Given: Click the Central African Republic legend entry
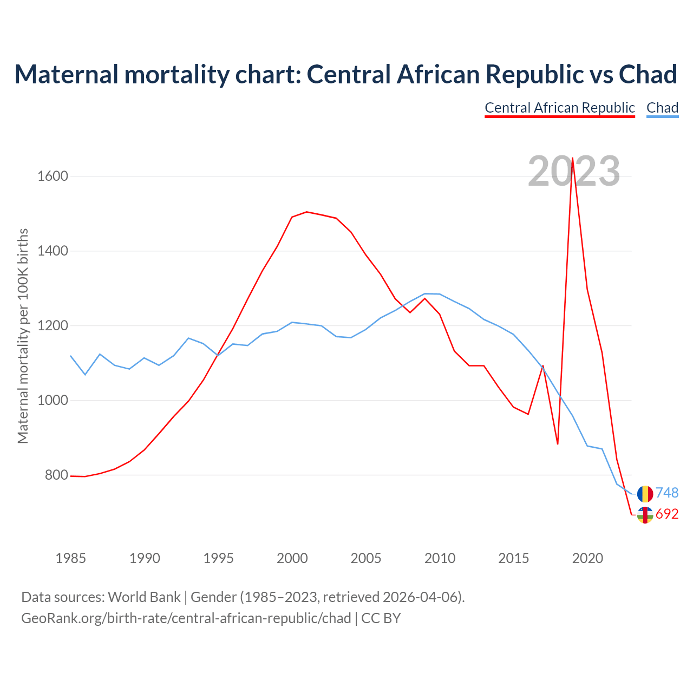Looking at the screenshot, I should [x=559, y=108].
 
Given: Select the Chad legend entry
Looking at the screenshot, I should [x=662, y=108].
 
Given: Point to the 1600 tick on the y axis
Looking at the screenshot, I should [x=53, y=176].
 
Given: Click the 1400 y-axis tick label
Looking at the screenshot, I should [x=53, y=251].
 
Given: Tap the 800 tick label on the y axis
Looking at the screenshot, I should [x=56, y=475].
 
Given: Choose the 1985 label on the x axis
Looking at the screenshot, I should [x=70, y=558].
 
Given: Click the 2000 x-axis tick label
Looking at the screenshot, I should [x=292, y=558].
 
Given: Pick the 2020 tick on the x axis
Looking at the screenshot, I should [x=587, y=558].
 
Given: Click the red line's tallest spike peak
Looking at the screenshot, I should [x=572, y=158].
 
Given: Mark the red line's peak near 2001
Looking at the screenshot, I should [x=306, y=212].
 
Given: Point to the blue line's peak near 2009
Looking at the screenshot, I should [x=425, y=293].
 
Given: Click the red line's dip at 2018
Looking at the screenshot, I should [x=558, y=444].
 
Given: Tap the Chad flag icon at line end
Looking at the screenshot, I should [x=645, y=494].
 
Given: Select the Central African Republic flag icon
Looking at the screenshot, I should [x=645, y=515].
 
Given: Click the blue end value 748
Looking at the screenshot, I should [x=667, y=493].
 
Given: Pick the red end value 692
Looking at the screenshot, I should [x=667, y=514].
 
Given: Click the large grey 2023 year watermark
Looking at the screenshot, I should [x=574, y=171].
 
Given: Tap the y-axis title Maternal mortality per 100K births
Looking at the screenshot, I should [x=23, y=336].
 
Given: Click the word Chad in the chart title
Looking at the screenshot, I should [x=648, y=74].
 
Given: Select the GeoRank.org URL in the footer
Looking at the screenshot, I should [x=186, y=618].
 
